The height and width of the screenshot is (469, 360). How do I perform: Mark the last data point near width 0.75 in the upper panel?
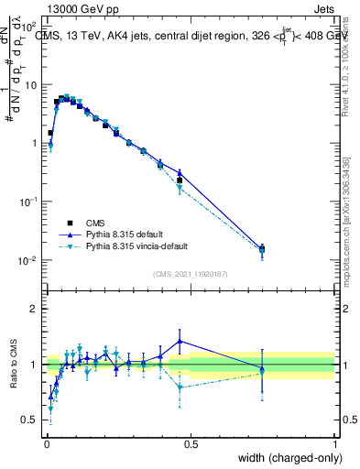262,248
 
